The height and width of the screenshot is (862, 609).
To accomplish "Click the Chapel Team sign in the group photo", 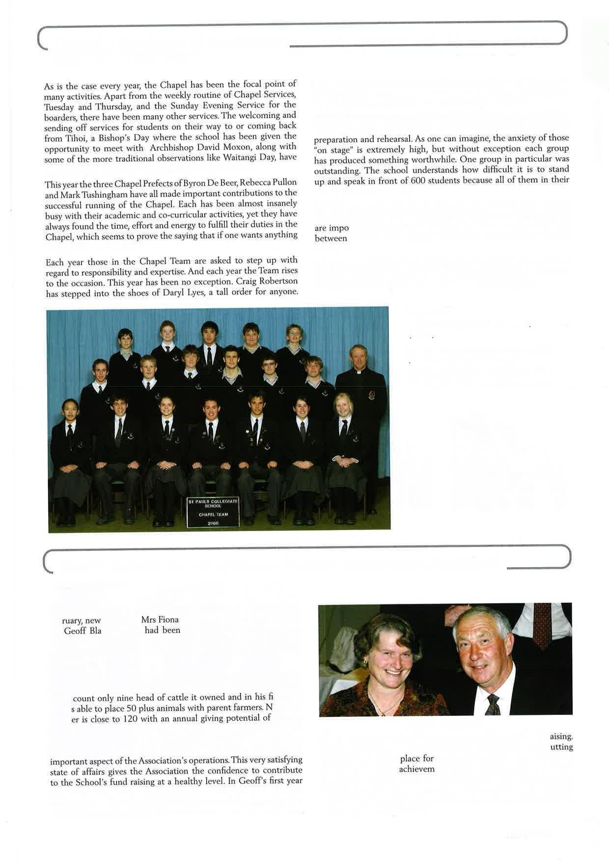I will click(x=213, y=512).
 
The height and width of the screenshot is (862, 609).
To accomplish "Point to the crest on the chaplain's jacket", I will click(x=372, y=394).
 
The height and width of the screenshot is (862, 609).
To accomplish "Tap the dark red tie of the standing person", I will click(x=542, y=624).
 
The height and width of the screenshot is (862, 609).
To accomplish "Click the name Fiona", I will click(x=168, y=620).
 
